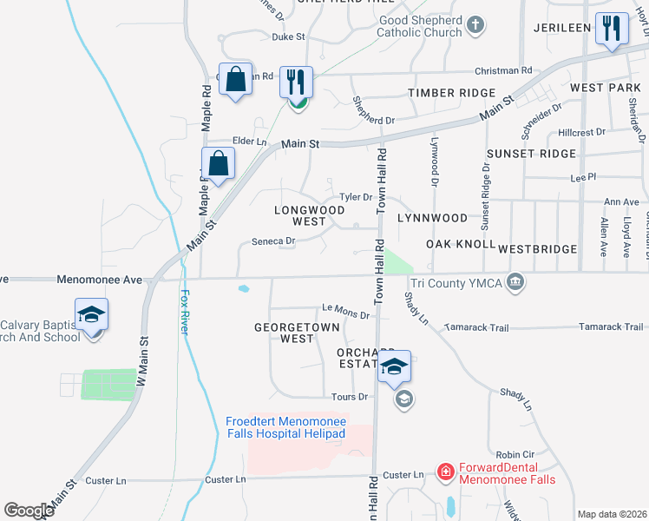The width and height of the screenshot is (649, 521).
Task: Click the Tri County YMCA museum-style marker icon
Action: click(x=515, y=280)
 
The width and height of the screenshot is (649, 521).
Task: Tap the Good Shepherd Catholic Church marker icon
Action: click(x=475, y=26)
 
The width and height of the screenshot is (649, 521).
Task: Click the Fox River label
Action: click(x=185, y=304)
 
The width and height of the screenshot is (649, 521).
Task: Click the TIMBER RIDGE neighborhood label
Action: click(x=451, y=92)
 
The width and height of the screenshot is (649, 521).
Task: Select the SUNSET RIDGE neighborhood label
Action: click(x=531, y=154)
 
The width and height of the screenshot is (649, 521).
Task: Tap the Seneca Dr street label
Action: click(x=273, y=241)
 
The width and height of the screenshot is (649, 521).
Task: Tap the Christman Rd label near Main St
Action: click(x=503, y=70)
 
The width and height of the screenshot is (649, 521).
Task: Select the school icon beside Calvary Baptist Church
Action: click(x=91, y=316)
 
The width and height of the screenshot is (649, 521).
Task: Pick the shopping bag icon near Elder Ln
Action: click(x=219, y=162)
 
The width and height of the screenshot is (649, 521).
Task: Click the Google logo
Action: click(x=29, y=510)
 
